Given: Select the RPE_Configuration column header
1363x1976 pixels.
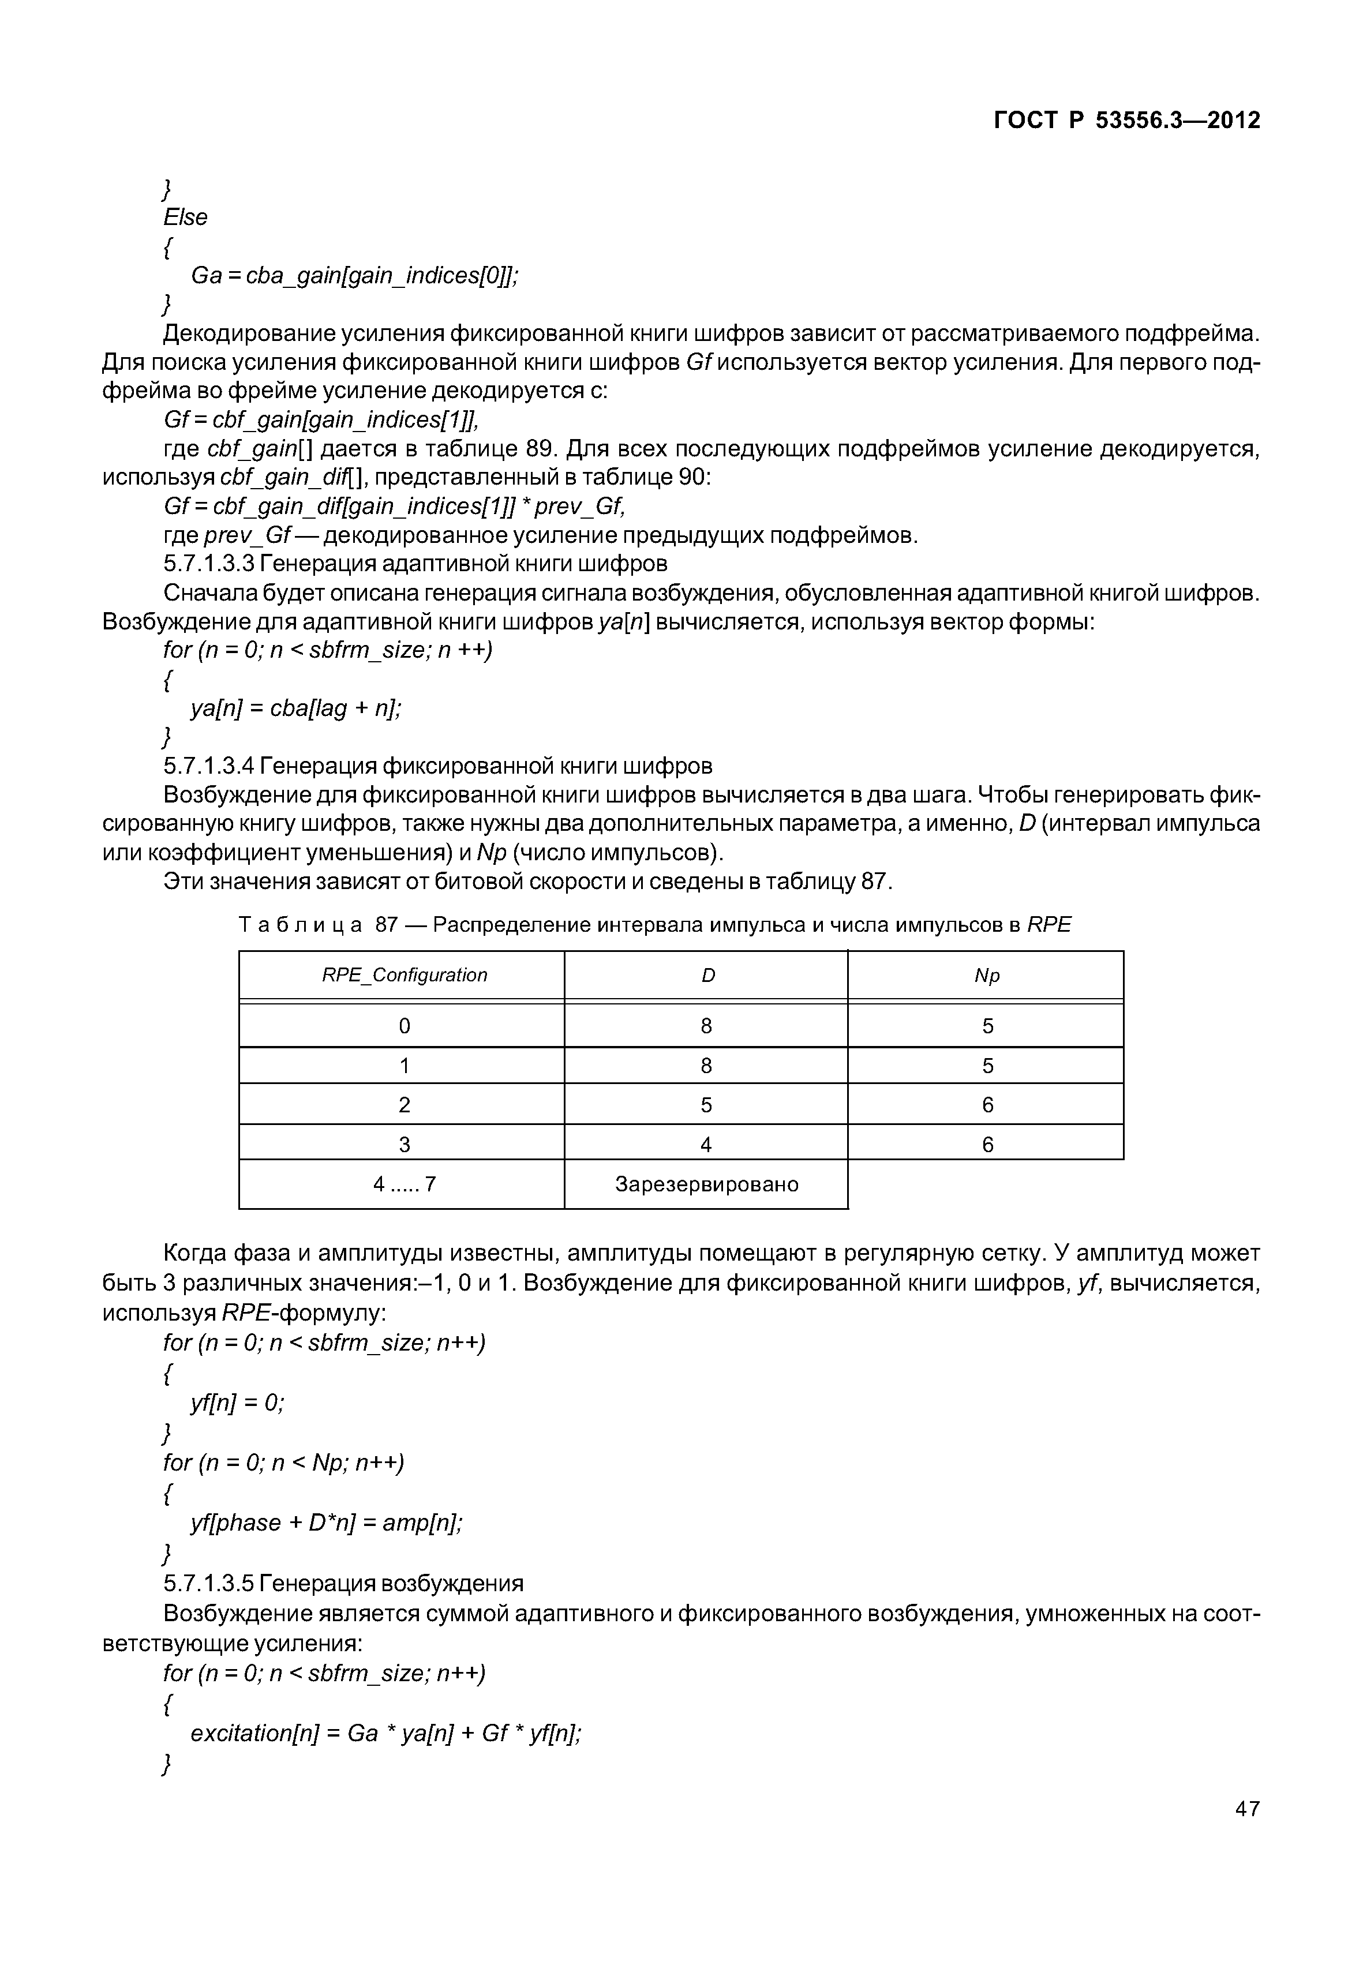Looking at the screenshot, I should (404, 975).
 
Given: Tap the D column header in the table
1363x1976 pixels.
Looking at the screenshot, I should (707, 975).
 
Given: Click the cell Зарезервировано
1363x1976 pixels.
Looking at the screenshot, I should (706, 1184).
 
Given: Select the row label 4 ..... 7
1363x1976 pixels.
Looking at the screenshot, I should (404, 1184).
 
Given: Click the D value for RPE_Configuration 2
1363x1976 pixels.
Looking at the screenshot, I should (706, 1105).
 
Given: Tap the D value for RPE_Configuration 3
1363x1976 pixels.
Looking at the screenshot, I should (706, 1144).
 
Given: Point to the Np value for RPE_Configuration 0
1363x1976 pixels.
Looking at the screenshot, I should (987, 1026).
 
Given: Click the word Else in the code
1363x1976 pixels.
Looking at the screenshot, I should (185, 218).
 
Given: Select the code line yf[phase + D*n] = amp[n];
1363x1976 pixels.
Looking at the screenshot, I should (326, 1524).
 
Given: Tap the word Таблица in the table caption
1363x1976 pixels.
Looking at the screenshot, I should (299, 925).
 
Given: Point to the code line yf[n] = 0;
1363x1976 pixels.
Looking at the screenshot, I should (237, 1403).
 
